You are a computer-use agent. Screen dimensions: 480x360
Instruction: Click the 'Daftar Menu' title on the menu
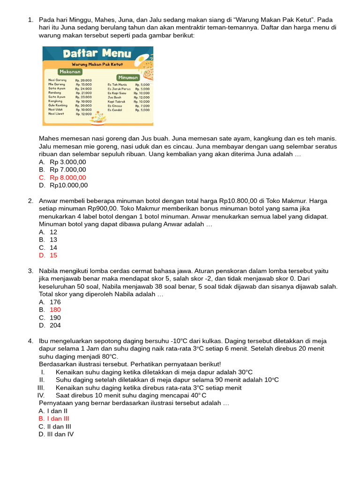(x=97, y=53)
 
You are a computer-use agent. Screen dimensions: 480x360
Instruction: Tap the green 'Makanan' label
(x=70, y=72)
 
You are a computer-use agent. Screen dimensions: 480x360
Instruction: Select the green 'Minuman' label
(x=127, y=77)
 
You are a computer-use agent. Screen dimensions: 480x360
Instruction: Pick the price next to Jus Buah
(x=142, y=97)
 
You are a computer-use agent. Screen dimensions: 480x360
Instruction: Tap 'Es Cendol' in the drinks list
(x=115, y=110)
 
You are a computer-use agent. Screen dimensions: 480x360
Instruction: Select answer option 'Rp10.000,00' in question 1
(x=68, y=185)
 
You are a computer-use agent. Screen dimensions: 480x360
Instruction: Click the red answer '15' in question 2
(x=53, y=255)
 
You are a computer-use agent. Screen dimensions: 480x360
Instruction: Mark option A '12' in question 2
(x=53, y=232)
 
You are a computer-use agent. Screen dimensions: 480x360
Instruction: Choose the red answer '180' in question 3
(x=55, y=310)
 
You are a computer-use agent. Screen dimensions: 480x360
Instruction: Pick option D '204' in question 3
(x=55, y=325)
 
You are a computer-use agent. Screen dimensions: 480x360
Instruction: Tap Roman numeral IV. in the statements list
(x=41, y=395)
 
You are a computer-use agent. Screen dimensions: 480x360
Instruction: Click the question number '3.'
(x=30, y=271)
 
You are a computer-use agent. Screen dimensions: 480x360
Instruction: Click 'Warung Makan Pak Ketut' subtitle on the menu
(x=97, y=64)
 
